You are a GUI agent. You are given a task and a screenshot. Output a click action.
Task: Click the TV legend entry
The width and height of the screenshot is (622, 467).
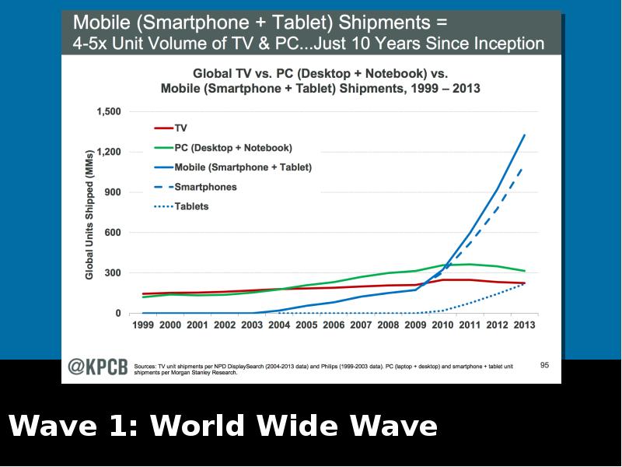pyautogui.click(x=180, y=128)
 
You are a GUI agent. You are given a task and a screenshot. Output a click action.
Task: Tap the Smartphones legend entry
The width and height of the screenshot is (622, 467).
pyautogui.click(x=205, y=187)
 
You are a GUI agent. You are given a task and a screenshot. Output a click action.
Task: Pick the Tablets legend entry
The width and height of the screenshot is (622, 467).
pyautogui.click(x=191, y=206)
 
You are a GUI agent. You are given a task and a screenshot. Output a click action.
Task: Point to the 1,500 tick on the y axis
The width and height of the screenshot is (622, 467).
pyautogui.click(x=109, y=111)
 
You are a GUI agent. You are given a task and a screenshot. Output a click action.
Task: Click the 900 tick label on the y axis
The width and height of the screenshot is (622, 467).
pyautogui.click(x=113, y=192)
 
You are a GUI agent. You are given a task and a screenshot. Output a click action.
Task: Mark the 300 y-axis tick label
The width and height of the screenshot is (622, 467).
pyautogui.click(x=113, y=273)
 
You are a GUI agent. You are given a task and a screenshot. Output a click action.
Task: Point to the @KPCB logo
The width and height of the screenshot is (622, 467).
pyautogui.click(x=97, y=367)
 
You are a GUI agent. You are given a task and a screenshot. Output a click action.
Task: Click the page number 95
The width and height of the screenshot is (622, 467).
pyautogui.click(x=544, y=364)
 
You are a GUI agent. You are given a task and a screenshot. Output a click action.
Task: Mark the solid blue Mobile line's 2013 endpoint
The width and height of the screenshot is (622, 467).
pyautogui.click(x=525, y=135)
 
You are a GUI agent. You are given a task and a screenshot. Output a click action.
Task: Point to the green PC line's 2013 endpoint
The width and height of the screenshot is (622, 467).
pyautogui.click(x=525, y=271)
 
